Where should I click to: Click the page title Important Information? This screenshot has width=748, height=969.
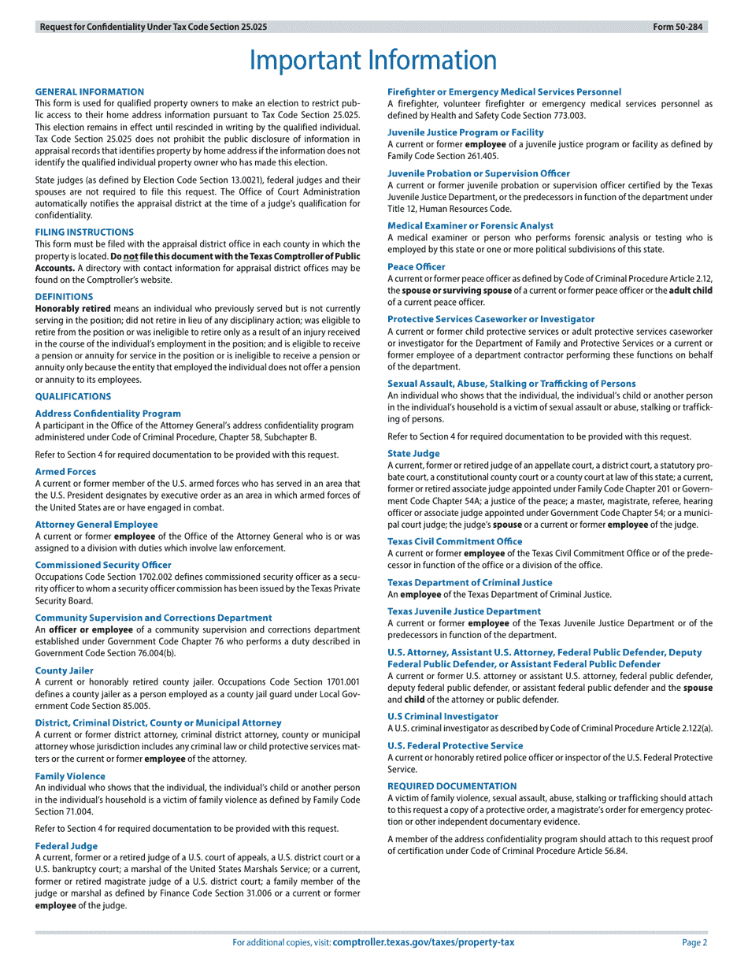tap(373, 61)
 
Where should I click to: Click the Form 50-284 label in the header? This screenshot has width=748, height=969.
tap(679, 27)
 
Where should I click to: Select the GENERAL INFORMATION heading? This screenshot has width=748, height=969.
tap(90, 92)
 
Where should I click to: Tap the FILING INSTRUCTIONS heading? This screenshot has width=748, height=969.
tap(84, 232)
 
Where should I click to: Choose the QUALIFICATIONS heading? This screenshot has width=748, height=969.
tap(73, 396)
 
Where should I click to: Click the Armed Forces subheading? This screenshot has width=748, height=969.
tap(65, 472)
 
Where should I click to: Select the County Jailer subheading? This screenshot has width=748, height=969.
tap(64, 670)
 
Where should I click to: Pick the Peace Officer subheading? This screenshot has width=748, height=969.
tap(416, 267)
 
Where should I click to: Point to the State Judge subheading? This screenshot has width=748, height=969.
tap(413, 454)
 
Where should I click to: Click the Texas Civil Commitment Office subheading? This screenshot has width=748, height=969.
tap(454, 541)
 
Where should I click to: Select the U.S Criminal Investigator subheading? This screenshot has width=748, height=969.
tap(443, 716)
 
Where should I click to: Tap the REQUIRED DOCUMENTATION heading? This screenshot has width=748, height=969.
tap(452, 786)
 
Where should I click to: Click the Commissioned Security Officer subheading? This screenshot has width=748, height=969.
tap(103, 565)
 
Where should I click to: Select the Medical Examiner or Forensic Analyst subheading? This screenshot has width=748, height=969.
tap(470, 226)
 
